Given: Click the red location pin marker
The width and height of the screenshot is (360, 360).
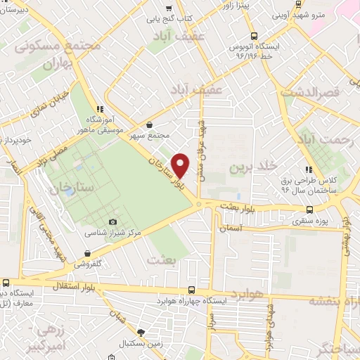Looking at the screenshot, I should (x=181, y=165).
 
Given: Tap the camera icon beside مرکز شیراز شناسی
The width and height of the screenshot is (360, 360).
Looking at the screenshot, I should (x=112, y=223).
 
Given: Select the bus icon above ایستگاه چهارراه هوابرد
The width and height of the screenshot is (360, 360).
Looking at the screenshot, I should (x=192, y=290).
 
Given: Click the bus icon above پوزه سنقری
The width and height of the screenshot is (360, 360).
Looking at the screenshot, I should (x=310, y=210).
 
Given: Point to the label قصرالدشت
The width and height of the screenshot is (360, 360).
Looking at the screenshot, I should (x=310, y=92).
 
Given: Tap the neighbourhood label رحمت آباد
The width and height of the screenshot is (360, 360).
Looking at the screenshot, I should (x=325, y=139).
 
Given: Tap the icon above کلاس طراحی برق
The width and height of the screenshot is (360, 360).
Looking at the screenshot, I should (x=307, y=169).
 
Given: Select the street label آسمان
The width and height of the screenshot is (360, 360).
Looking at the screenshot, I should (x=230, y=229).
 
